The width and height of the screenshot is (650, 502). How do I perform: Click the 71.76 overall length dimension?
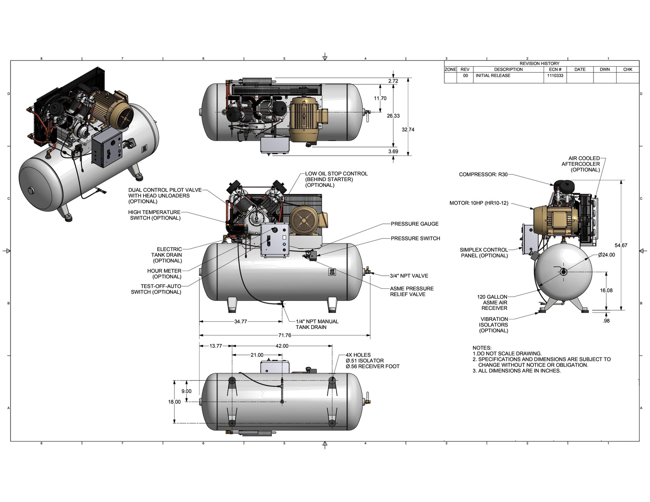tap(285, 335)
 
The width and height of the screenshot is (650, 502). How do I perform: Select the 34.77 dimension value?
tap(240, 322)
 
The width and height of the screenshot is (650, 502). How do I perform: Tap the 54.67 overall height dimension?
tap(621, 245)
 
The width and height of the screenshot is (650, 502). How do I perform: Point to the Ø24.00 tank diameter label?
tap(607, 255)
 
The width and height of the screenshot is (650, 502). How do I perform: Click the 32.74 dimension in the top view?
tap(408, 130)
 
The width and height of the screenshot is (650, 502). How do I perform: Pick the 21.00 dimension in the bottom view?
tap(257, 355)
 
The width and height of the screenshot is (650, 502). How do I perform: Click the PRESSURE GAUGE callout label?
tap(414, 224)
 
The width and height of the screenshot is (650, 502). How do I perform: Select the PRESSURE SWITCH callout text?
tap(415, 238)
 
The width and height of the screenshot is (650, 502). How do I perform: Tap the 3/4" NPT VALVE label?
tap(409, 276)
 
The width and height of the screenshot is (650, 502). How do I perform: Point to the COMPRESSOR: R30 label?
tap(483, 175)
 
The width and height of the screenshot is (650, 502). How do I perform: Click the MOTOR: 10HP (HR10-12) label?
tap(479, 203)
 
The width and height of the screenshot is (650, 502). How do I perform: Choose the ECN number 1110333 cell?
tap(555, 76)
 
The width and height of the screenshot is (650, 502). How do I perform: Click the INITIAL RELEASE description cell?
tap(493, 76)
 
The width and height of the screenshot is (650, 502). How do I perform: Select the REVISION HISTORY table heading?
tap(539, 63)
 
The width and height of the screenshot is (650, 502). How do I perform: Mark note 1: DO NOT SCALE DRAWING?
tap(507, 354)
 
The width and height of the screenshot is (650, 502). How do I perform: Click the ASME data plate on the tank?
tap(333, 272)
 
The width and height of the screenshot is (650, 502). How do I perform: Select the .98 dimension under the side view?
tap(606, 321)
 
